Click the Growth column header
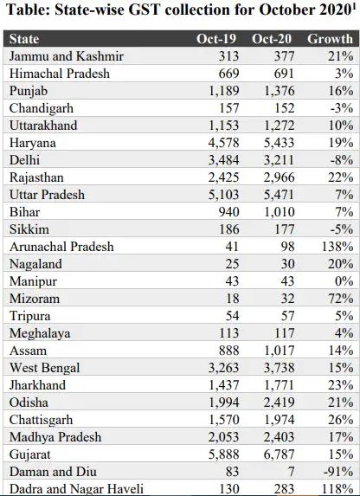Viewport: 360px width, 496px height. pyautogui.click(x=330, y=39)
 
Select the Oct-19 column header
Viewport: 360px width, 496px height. pyautogui.click(x=216, y=39)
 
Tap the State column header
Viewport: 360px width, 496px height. pyautogui.click(x=24, y=39)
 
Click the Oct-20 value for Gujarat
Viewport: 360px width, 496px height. pyautogui.click(x=279, y=454)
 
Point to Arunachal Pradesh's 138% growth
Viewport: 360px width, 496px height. pyautogui.click(x=337, y=247)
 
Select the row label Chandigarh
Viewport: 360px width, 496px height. pyautogui.click(x=42, y=108)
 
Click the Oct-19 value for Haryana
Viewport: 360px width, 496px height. pyautogui.click(x=223, y=143)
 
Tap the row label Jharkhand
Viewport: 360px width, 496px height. pyautogui.click(x=38, y=385)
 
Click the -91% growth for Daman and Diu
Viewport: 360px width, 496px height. pyautogui.click(x=338, y=472)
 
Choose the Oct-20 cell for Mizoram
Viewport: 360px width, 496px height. pyautogui.click(x=287, y=299)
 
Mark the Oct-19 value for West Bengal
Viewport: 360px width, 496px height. pyautogui.click(x=223, y=368)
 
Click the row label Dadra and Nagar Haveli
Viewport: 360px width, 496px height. pyautogui.click(x=76, y=489)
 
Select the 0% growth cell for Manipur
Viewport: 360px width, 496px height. pyautogui.click(x=344, y=281)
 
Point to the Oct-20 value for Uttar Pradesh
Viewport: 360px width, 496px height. pyautogui.click(x=279, y=195)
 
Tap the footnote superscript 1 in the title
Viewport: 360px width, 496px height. pyautogui.click(x=354, y=7)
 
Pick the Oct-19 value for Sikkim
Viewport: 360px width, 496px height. pyautogui.click(x=229, y=229)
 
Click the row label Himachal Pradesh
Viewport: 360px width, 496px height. pyautogui.click(x=60, y=74)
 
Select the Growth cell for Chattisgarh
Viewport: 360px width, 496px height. pyautogui.click(x=340, y=420)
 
